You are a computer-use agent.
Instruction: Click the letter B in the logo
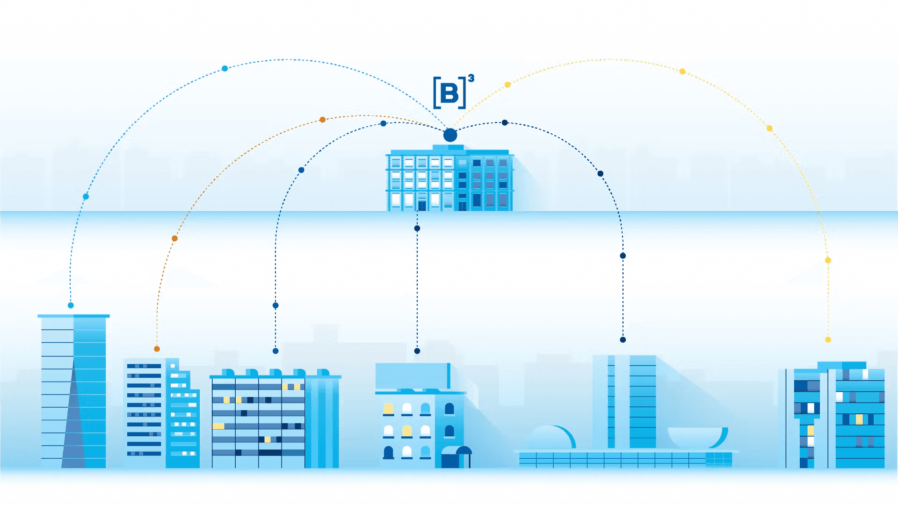449,93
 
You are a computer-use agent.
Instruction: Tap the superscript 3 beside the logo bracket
471,78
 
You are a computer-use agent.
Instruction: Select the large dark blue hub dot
450,135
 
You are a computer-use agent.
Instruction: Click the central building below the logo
449,180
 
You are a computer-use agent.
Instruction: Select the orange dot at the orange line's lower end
157,349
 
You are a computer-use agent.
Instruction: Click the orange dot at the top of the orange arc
322,120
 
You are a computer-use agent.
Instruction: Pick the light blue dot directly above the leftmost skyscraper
71,305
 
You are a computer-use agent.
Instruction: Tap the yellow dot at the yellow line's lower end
828,340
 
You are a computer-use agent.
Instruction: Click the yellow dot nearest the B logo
507,85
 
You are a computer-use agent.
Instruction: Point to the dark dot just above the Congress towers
623,340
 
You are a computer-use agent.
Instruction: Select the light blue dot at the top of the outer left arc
224,68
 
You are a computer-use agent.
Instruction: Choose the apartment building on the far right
835,416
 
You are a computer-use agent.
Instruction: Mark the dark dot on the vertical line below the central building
417,228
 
